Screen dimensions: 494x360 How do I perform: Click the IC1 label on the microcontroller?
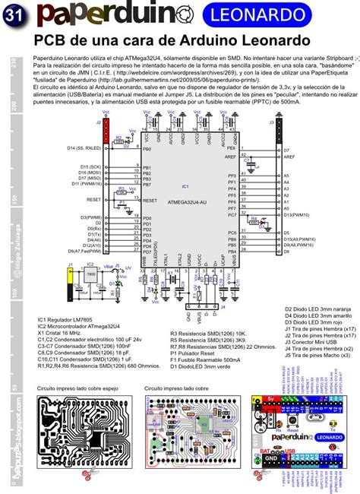click(x=185, y=185)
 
